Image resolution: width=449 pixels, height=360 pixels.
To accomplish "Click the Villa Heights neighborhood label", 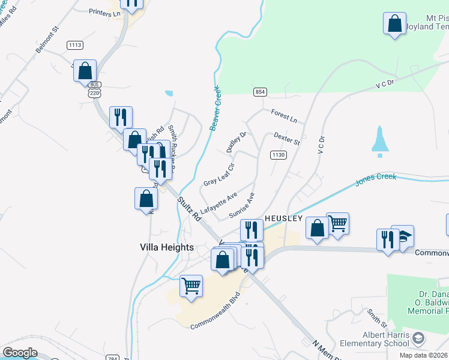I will pos(166,247).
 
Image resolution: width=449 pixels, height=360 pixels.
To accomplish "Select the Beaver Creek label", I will pos(215,108).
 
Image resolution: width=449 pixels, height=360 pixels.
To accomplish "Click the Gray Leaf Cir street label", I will pos(218,174).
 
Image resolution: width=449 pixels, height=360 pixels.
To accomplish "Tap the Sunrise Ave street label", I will pos(243,206).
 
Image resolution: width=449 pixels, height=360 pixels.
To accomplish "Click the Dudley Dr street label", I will pos(236,142).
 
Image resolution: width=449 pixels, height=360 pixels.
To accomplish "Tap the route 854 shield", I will pos(260,91).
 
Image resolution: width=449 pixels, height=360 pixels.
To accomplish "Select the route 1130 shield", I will pos(277,155).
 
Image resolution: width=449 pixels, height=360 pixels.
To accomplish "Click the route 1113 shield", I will pos(75,45).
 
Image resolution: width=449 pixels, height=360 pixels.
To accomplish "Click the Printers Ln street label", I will pos(104,11).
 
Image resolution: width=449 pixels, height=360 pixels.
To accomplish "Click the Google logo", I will pos(20,353).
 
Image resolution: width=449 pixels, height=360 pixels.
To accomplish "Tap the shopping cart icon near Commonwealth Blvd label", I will pos(191,286).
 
